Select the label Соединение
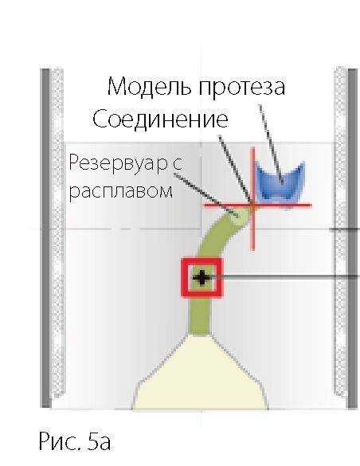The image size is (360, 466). (160, 119)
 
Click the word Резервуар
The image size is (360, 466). (118, 164)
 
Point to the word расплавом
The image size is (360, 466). (120, 192)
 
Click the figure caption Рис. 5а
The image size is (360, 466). (75, 441)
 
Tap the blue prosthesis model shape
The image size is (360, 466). (280, 181)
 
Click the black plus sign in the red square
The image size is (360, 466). (202, 278)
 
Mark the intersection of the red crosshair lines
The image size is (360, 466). (253, 205)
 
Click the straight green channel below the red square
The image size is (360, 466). (200, 316)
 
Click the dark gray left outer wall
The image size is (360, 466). (45, 237)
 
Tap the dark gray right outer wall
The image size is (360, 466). (353, 237)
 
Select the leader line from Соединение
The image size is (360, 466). (236, 170)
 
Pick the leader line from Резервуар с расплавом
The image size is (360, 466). (205, 194)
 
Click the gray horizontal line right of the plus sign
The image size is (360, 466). (284, 277)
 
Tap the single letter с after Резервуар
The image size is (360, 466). (177, 165)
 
